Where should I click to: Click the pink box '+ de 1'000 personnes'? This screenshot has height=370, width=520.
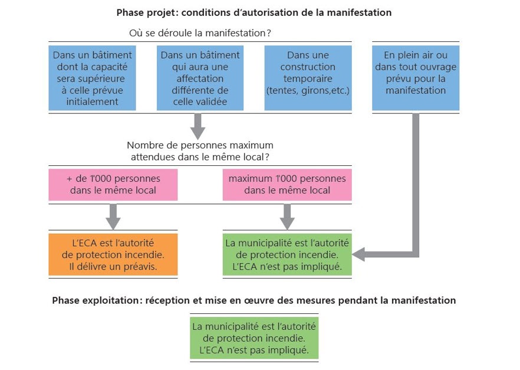pyautogui.click(x=113, y=184)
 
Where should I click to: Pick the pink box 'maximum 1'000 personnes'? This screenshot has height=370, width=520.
pyautogui.click(x=287, y=184)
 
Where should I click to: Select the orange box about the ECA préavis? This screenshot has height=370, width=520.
pyautogui.click(x=113, y=254)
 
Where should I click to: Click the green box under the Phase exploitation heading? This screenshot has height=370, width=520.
pyautogui.click(x=255, y=338)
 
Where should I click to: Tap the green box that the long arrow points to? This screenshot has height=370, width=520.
pyautogui.click(x=287, y=254)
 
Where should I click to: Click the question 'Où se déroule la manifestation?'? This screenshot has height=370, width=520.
pyautogui.click(x=204, y=32)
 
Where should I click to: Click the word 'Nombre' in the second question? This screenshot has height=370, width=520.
pyautogui.click(x=144, y=145)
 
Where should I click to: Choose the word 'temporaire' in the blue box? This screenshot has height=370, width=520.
pyautogui.click(x=307, y=78)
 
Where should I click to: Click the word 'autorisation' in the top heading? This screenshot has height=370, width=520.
pyautogui.click(x=276, y=12)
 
